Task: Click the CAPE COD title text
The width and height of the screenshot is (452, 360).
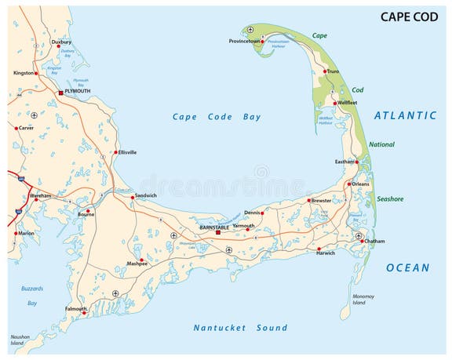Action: [x=409, y=16]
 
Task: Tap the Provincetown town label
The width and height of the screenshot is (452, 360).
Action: [x=245, y=41]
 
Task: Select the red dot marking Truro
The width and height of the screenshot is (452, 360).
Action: [x=324, y=71]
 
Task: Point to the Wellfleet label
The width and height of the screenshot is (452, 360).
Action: [x=347, y=103]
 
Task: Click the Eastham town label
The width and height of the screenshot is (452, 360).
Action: [x=344, y=162]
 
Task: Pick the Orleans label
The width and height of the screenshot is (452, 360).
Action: [x=360, y=184]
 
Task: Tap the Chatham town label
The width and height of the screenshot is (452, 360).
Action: [x=374, y=241]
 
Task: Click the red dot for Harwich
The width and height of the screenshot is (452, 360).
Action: [x=319, y=249]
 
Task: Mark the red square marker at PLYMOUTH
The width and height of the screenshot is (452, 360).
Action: [x=60, y=92]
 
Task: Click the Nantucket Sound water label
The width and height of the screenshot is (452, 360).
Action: [x=240, y=328]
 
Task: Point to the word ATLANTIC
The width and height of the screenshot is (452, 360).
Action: [x=405, y=115]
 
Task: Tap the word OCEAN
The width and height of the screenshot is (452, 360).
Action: [x=407, y=267]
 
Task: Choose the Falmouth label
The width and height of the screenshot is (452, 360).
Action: [x=76, y=308]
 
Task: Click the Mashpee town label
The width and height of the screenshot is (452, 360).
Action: [x=137, y=264]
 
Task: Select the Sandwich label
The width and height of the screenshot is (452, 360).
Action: [x=146, y=195]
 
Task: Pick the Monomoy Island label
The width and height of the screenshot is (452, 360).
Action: [x=363, y=299]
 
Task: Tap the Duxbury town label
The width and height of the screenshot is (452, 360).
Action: [x=61, y=42]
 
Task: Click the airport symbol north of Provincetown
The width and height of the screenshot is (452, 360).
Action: [x=250, y=29]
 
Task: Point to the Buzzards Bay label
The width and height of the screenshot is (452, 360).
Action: [x=32, y=296]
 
